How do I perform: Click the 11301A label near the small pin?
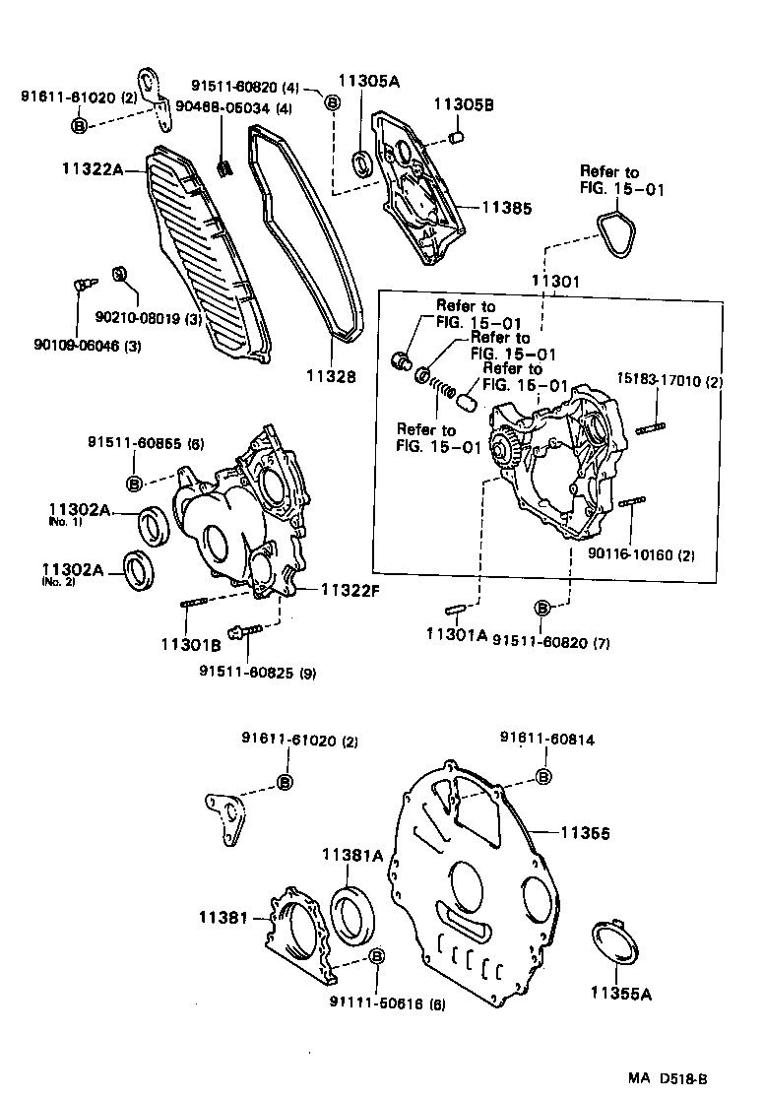(x=456, y=636)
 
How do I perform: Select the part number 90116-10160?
(x=641, y=554)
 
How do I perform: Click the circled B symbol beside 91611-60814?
(x=542, y=777)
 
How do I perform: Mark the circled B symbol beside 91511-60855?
(x=136, y=483)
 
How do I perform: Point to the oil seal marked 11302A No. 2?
(x=138, y=571)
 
